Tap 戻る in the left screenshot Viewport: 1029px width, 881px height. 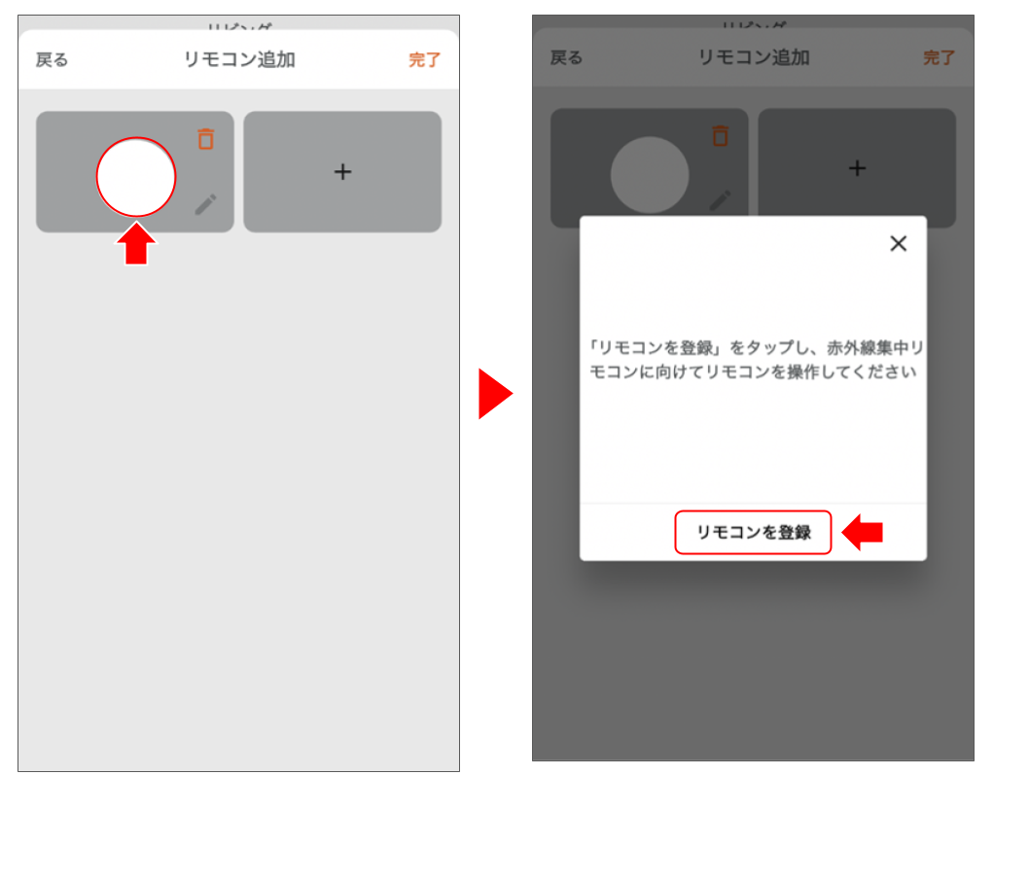53,60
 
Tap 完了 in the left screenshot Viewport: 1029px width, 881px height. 424,60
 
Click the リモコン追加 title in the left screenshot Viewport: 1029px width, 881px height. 239,60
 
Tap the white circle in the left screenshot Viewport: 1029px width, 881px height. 136,177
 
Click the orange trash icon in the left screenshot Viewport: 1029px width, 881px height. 205,139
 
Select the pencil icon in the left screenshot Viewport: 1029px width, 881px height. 205,204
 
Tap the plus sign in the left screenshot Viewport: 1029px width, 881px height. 342,172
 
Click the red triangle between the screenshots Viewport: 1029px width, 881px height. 494,394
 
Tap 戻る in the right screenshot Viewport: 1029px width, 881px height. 567,58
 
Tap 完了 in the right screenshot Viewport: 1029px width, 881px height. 939,58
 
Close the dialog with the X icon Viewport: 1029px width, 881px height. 898,244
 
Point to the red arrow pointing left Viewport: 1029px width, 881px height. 863,533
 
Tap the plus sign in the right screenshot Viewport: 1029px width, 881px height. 857,168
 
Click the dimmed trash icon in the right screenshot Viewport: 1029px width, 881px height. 720,136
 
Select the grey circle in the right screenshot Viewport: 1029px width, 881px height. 650,175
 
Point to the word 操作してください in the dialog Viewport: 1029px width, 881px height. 857,372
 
